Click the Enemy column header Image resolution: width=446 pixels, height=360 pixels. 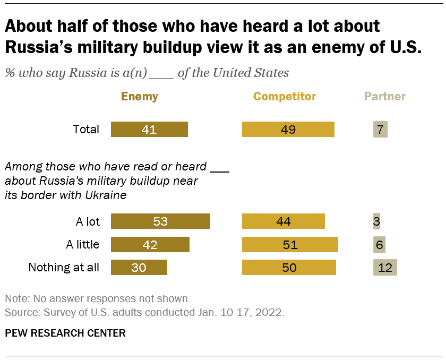coord(140,96)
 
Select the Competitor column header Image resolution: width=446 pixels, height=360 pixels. coord(285,96)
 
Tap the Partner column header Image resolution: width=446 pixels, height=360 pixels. coord(385,96)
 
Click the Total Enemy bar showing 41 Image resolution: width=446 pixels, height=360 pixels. coord(149,130)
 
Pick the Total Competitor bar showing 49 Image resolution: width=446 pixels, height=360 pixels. coord(288,130)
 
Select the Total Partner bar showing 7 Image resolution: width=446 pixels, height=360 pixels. coord(381,130)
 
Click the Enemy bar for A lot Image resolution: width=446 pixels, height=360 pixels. coord(160,221)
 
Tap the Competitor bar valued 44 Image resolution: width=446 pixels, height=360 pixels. coord(284,221)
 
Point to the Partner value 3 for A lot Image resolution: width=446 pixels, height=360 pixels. coord(376,221)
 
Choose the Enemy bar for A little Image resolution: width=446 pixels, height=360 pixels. coord(150,244)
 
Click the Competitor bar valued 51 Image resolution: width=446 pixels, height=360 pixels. coord(290,244)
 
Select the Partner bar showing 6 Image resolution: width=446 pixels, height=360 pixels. coord(379,244)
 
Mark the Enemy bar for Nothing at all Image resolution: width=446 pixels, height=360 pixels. coord(139,267)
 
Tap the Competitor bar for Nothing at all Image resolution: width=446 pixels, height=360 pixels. coord(289,267)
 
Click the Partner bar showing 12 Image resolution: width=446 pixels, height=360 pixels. coord(385,267)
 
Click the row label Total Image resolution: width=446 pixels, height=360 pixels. coord(86,130)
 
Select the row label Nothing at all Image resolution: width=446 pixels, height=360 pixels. coord(64,267)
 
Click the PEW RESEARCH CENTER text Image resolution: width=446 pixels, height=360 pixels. coord(65,333)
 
